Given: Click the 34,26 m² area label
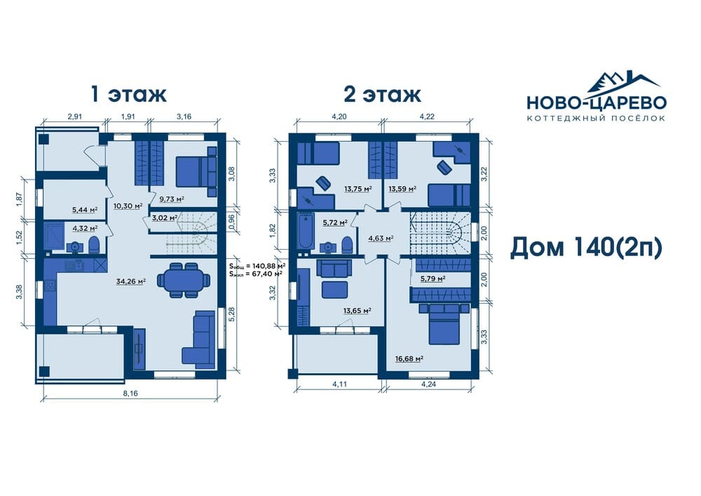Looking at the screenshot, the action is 130,282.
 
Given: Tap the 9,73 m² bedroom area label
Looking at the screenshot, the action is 172,199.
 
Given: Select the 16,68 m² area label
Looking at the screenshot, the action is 409,358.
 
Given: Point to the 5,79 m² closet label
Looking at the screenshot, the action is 433,279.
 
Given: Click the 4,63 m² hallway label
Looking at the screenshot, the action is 381,239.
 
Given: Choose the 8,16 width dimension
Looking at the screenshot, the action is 130,394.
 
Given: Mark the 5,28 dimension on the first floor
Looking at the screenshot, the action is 231,314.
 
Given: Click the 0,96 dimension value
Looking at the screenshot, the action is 231,222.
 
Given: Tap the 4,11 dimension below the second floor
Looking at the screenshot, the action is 340,384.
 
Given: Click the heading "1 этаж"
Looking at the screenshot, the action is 128,95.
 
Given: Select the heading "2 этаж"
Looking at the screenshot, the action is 382,95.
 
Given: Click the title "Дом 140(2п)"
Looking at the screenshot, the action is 585,248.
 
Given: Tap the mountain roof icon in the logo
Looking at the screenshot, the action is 623,83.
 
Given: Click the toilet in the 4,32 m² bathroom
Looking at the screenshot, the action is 94,245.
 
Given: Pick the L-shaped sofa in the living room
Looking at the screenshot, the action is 198,340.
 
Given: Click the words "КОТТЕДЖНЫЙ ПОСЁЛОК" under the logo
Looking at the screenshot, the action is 597,118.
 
